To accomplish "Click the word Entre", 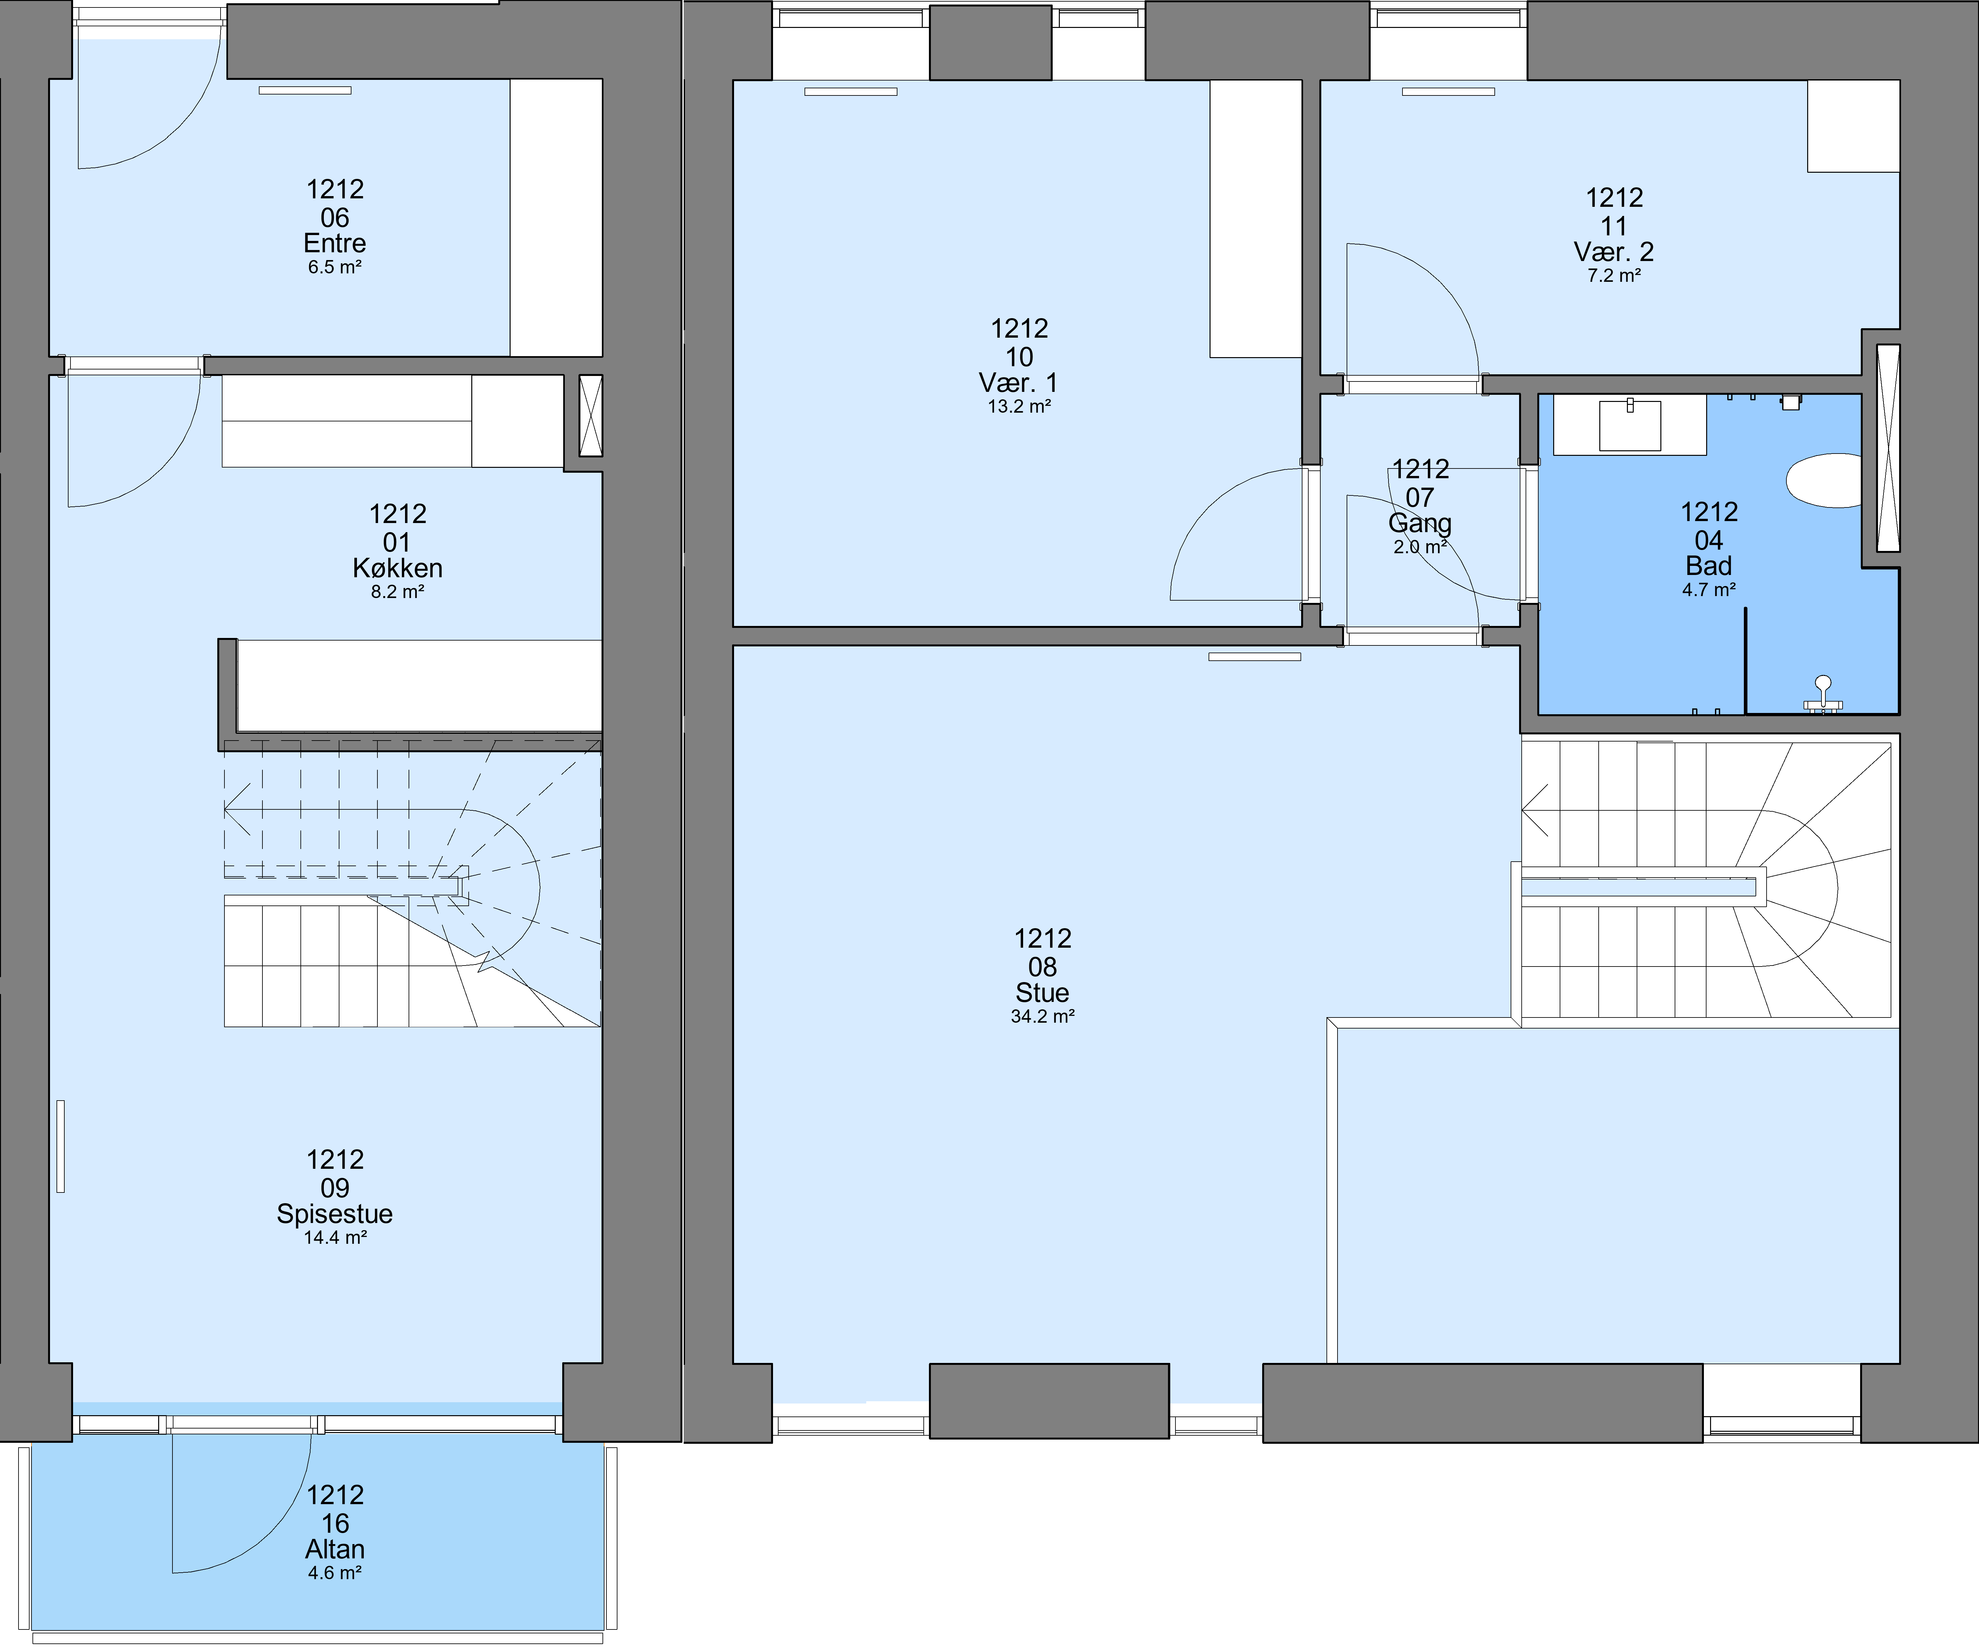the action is (x=335, y=243).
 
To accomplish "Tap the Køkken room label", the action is (x=398, y=568).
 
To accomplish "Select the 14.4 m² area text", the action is (x=335, y=1237).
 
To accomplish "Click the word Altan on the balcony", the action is (x=335, y=1549).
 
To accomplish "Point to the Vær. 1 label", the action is (x=1019, y=382).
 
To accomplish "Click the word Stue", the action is (x=1042, y=992).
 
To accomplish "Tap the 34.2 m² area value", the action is (x=1042, y=1016).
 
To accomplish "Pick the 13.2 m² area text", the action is (x=1019, y=406).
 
